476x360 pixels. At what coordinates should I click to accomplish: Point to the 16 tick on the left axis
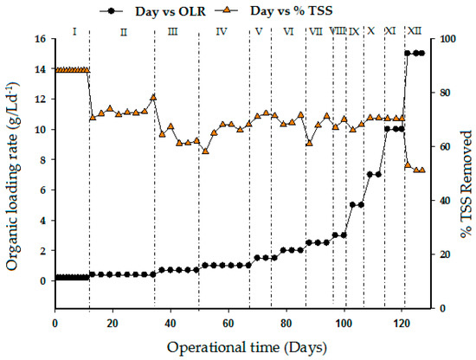coord(40,39)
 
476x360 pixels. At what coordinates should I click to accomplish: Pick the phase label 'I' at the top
coord(74,32)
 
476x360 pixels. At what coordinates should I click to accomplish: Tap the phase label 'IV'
coord(222,32)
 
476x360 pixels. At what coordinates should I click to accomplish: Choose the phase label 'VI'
coord(288,32)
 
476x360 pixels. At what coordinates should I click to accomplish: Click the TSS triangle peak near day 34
coord(153,97)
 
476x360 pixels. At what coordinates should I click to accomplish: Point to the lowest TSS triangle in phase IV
coord(205,151)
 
